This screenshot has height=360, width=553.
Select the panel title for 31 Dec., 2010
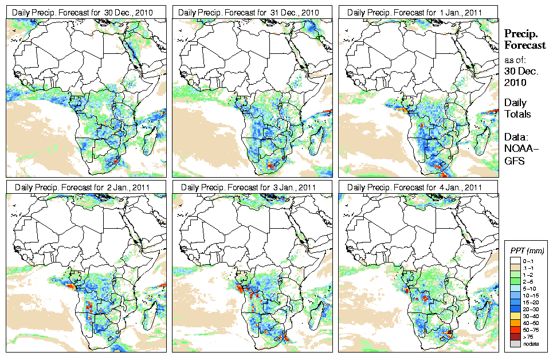point(254,12)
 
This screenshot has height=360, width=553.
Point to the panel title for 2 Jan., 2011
point(82,187)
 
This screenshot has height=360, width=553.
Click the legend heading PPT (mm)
point(527,251)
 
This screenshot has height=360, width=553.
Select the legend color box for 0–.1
point(513,261)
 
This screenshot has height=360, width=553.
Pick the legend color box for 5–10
point(513,288)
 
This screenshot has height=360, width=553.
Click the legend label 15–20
point(531,302)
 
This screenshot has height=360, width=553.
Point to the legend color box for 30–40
point(513,316)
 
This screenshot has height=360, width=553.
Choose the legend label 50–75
point(531,330)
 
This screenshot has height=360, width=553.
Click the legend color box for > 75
point(513,336)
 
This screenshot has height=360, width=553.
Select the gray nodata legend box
point(513,344)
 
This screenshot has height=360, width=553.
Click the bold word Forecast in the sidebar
point(524,45)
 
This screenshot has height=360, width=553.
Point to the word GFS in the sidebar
point(513,161)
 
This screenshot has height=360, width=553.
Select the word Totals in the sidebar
point(517,114)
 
